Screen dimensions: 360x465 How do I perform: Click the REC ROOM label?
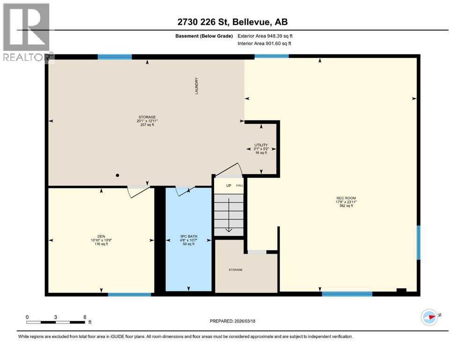pos(346,198)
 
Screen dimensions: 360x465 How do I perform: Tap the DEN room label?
pos(101,236)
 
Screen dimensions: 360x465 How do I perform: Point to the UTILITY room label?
pos(261,145)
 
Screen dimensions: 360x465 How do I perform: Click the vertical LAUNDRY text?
pos(197,86)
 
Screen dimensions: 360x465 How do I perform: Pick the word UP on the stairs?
pos(229,186)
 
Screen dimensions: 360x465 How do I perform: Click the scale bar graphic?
pos(56,322)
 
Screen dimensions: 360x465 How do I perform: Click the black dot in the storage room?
pos(118,175)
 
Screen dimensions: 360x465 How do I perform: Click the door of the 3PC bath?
pos(185,190)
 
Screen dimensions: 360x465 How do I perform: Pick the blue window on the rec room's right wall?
pos(418,242)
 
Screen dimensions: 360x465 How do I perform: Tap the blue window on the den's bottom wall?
pos(129,294)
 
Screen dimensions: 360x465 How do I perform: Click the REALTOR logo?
pos(27,33)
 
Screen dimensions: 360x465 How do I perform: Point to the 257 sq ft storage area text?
pos(147,126)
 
